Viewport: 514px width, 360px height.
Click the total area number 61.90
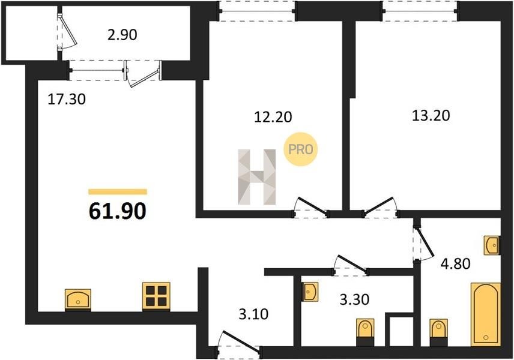click(117, 211)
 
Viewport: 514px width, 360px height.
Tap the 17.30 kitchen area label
click(67, 99)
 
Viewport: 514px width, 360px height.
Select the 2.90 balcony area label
click(122, 35)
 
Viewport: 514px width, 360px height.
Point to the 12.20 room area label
click(273, 116)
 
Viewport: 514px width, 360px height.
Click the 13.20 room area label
click(431, 115)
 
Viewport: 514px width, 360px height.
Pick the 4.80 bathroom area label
click(455, 263)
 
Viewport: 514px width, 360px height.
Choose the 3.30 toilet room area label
click(354, 299)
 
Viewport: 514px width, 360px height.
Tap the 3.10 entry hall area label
click(253, 314)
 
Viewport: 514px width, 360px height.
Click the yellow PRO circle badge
click(301, 149)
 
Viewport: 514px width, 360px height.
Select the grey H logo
click(256, 177)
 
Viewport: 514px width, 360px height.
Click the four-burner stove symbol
click(156, 296)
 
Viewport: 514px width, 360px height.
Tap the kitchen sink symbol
click(78, 299)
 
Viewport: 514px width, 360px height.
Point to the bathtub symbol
click(486, 314)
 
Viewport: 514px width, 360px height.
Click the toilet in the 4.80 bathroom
click(438, 332)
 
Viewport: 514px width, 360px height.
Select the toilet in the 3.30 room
click(365, 332)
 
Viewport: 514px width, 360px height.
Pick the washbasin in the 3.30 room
click(310, 292)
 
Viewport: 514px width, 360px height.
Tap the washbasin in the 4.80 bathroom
click(492, 245)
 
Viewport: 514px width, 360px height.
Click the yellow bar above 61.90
click(118, 192)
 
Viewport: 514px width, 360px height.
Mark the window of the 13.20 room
click(420, 11)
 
